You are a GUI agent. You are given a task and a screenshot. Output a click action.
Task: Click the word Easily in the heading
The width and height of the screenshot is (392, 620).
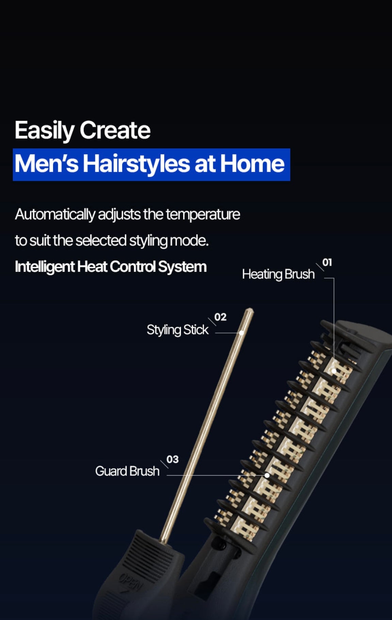pyautogui.click(x=45, y=130)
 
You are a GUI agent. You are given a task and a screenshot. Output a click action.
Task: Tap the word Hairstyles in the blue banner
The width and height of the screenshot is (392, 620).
pyautogui.click(x=136, y=164)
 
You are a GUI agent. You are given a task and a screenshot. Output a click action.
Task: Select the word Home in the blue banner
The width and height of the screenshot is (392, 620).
pyautogui.click(x=252, y=164)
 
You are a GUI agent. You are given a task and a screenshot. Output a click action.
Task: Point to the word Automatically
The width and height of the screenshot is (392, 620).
pyautogui.click(x=55, y=215)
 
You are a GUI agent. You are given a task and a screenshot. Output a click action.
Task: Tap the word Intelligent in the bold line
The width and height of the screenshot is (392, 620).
pyautogui.click(x=44, y=267)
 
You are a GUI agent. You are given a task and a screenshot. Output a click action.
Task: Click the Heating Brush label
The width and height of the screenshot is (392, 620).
pyautogui.click(x=278, y=274)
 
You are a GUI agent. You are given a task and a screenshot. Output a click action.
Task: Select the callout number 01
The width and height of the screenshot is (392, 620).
pyautogui.click(x=327, y=262)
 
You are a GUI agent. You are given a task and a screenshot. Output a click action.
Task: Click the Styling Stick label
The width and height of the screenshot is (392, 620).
pyautogui.click(x=177, y=330)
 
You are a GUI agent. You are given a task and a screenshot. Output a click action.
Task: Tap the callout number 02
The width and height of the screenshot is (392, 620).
pyautogui.click(x=220, y=317)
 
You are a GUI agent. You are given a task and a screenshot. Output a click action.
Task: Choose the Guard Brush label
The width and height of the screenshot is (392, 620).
pyautogui.click(x=127, y=471)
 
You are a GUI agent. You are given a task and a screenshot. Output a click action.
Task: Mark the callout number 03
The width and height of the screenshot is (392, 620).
pyautogui.click(x=172, y=460)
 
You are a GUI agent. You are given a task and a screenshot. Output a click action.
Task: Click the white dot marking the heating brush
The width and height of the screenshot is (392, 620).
pyautogui.click(x=334, y=371)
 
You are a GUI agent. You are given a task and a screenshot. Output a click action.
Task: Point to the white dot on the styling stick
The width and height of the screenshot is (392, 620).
pyautogui.click(x=241, y=333)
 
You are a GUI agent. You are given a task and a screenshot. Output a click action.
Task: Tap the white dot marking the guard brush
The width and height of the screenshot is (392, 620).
pyautogui.click(x=267, y=475)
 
